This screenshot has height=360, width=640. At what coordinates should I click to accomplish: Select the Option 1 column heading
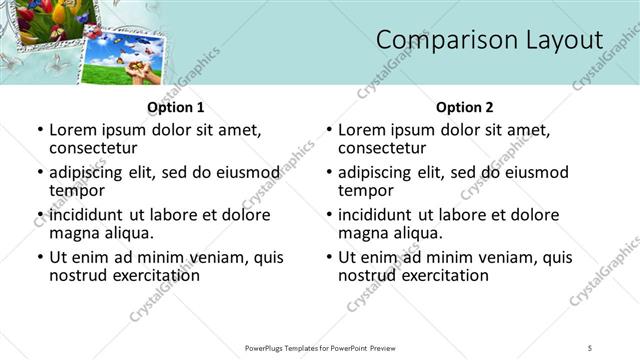[176, 107]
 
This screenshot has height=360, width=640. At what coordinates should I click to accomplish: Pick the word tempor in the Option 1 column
[76, 190]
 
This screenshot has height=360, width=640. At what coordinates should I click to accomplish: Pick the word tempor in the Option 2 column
[365, 190]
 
